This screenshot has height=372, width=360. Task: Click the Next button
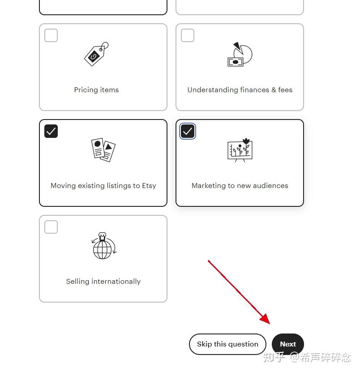(288, 344)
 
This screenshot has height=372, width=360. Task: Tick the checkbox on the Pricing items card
(51, 35)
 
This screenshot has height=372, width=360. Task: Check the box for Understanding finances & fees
(188, 35)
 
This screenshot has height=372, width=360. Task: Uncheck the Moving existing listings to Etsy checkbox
(51, 131)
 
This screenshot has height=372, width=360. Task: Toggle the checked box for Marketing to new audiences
(188, 131)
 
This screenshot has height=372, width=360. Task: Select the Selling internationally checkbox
(51, 227)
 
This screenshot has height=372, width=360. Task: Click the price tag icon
(96, 54)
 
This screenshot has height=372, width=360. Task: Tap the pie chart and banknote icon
(240, 55)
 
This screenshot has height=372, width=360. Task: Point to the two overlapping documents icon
(103, 150)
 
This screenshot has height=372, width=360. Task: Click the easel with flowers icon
(240, 150)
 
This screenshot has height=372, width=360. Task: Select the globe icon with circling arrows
(103, 246)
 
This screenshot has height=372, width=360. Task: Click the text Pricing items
(96, 90)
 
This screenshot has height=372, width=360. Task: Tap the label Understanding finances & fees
(240, 90)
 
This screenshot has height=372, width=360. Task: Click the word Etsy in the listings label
(149, 186)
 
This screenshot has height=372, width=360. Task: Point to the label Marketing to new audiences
(240, 186)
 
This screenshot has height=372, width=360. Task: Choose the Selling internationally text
(103, 282)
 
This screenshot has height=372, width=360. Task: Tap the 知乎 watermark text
(274, 358)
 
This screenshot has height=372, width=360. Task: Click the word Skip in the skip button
(204, 344)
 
